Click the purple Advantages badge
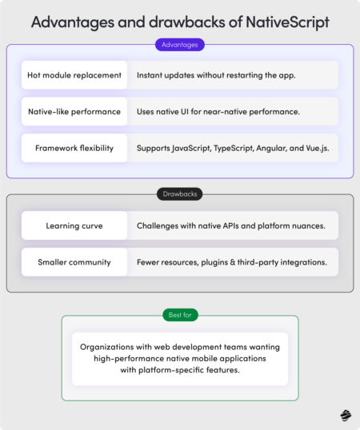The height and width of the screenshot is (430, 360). [180, 45]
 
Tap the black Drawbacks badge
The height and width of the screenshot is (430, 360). [180, 194]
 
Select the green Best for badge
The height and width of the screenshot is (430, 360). [180, 315]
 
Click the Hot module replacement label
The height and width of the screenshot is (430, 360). [74, 75]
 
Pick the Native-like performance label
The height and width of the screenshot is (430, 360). [74, 112]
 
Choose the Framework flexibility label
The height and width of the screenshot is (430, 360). [74, 148]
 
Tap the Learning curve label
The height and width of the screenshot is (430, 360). [74, 225]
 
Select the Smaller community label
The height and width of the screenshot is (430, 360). [74, 262]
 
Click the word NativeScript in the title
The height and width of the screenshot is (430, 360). [287, 22]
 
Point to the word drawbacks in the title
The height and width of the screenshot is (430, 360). [186, 22]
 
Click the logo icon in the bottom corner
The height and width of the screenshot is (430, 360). [346, 416]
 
